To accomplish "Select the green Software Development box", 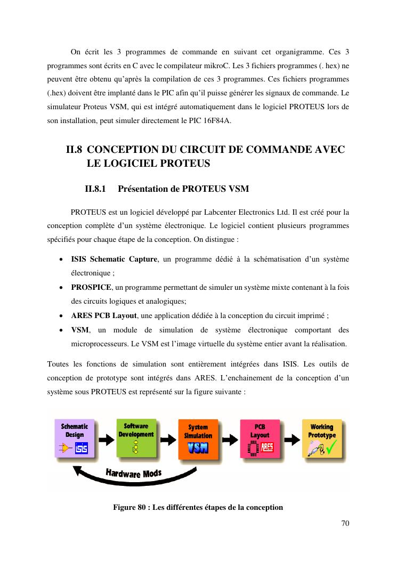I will coord(136,438).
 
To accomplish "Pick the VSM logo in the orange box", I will coord(198,448).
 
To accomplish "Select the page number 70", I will coord(345,523).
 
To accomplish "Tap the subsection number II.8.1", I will coord(96,189).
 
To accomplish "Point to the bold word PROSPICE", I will coord(91,288).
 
